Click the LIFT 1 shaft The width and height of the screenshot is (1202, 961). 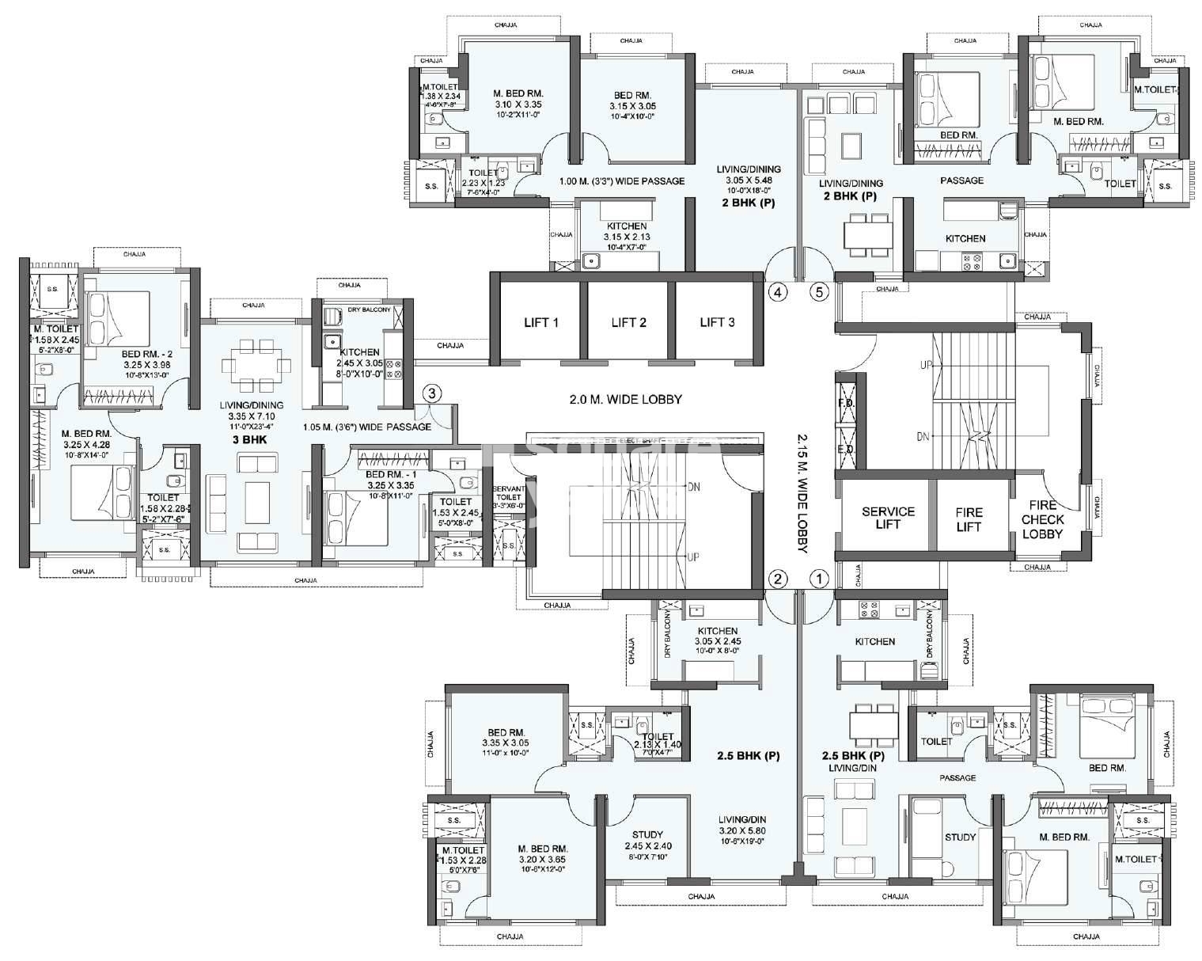pyautogui.click(x=541, y=322)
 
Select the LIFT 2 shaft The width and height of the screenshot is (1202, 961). pyautogui.click(x=629, y=322)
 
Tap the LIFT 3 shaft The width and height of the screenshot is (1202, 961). pyautogui.click(x=717, y=322)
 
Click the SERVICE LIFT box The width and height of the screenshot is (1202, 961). pyautogui.click(x=887, y=518)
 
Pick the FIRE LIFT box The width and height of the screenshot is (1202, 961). pyautogui.click(x=969, y=518)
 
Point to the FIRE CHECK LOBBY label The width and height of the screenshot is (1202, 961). pyautogui.click(x=1042, y=519)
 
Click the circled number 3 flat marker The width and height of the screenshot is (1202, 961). pyautogui.click(x=431, y=393)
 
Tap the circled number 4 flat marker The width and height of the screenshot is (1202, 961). pyautogui.click(x=779, y=292)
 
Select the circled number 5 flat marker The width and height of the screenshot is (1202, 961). pyautogui.click(x=819, y=292)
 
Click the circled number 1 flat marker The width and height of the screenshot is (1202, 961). pyautogui.click(x=820, y=579)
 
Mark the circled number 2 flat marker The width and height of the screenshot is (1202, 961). pyautogui.click(x=779, y=579)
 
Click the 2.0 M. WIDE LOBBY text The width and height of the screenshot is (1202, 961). pyautogui.click(x=625, y=400)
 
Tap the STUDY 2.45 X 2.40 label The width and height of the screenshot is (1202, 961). pyautogui.click(x=647, y=841)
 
